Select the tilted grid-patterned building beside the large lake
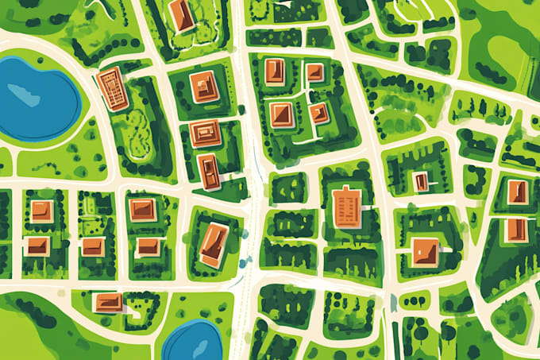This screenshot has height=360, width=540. (112, 88)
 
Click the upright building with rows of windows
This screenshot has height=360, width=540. (346, 207)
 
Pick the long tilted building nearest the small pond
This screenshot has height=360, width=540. (214, 243)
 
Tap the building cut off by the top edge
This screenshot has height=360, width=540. (182, 14)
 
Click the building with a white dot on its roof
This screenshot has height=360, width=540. (421, 182)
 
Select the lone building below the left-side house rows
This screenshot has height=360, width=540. (108, 302)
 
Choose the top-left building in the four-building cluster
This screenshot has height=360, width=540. (275, 72)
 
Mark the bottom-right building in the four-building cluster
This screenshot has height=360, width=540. (318, 113)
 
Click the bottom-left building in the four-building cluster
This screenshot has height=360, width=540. (281, 114)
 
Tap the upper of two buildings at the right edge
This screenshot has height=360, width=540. (517, 192)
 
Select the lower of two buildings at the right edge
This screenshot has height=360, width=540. (516, 230)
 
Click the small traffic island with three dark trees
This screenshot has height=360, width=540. (414, 300)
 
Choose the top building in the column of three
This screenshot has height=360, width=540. (204, 87)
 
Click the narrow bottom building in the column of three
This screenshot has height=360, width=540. (208, 171)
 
